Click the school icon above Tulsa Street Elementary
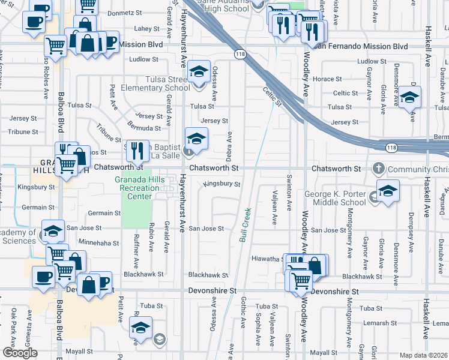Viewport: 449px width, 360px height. [197, 72]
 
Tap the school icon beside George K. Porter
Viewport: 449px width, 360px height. [388, 191]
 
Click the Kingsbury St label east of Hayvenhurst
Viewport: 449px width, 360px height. [223, 184]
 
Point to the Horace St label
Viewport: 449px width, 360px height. [327, 79]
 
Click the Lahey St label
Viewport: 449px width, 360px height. [146, 28]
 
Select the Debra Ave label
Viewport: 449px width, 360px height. [229, 146]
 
